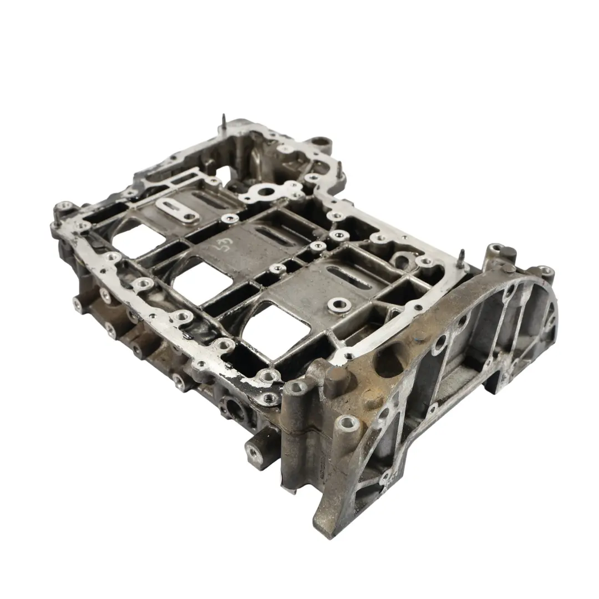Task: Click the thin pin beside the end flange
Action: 461,256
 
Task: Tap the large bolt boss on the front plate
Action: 338,303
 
